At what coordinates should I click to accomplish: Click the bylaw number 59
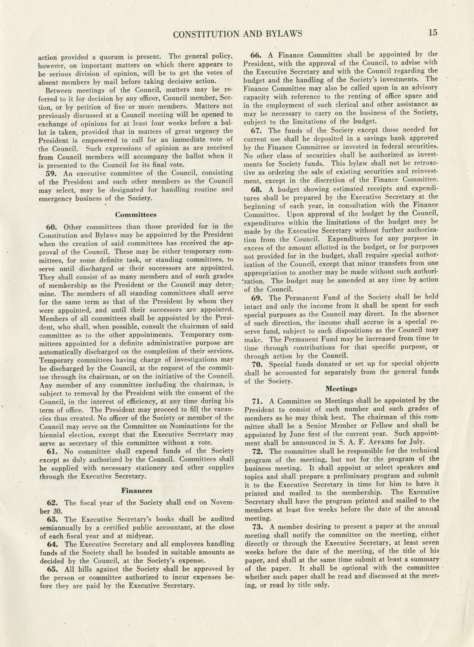52,173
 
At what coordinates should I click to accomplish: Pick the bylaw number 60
52,227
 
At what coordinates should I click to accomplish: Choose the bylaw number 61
52,451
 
